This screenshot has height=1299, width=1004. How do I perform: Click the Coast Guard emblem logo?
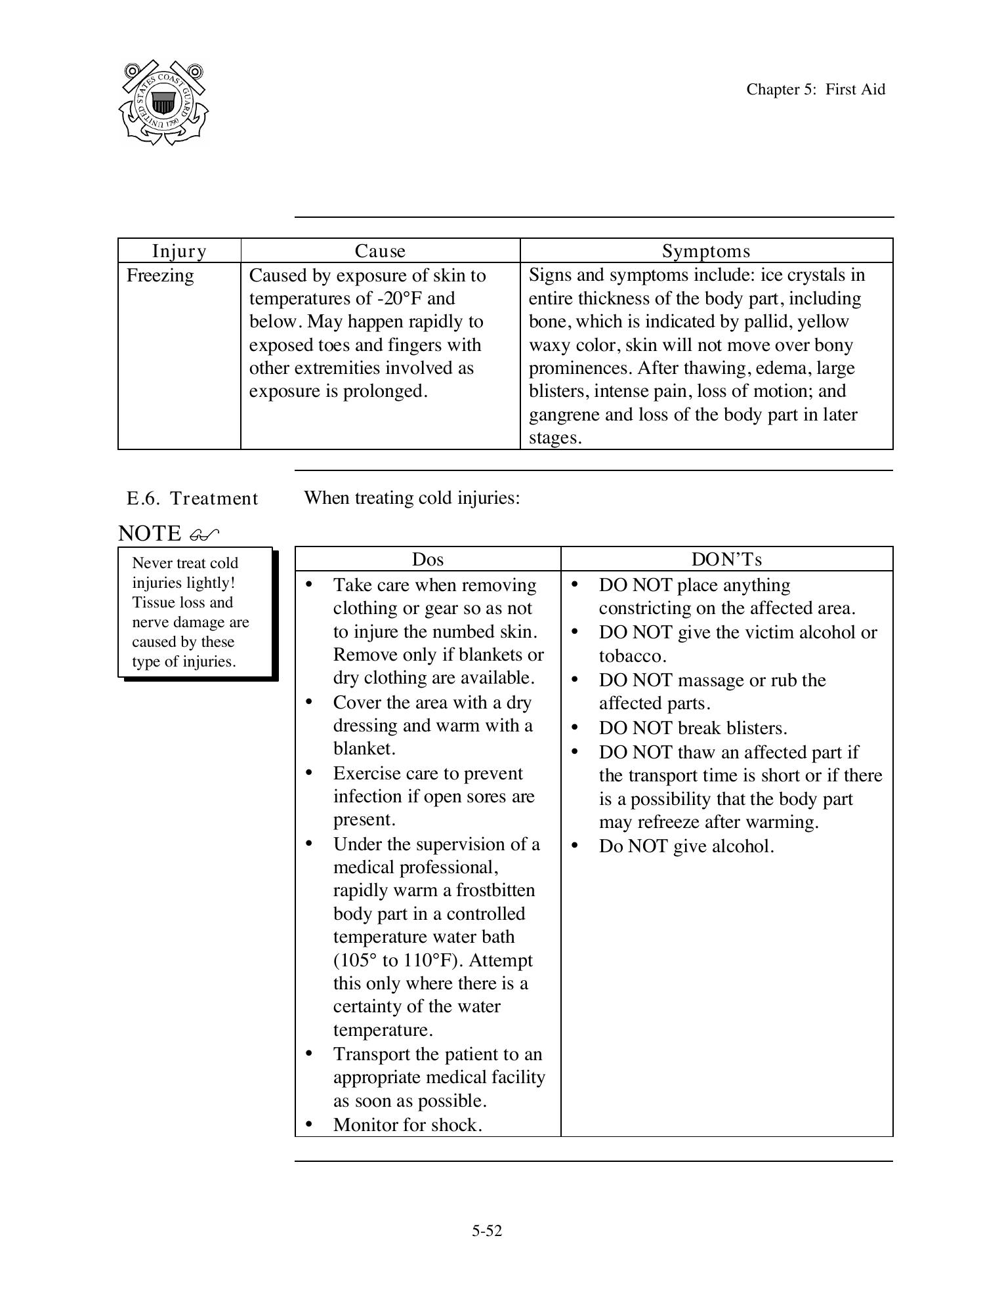163,103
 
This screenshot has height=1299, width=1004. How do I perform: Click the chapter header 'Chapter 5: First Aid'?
815,90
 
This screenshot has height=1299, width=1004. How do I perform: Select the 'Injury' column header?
179,251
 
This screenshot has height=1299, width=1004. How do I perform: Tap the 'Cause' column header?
380,251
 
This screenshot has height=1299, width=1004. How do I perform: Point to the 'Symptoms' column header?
705,251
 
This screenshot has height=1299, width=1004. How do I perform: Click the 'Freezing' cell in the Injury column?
160,276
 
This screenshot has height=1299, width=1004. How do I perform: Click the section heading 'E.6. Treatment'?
192,499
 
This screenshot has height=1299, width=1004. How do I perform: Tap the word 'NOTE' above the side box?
150,533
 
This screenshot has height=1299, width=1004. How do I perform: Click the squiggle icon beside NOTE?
203,535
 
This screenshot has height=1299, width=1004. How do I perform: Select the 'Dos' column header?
427,559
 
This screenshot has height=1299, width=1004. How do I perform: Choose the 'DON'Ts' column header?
726,559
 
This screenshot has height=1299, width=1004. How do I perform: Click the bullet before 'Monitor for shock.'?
309,1124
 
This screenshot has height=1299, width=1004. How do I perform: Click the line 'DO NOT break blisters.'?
692,728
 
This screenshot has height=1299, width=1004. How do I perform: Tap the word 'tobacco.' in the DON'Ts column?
632,656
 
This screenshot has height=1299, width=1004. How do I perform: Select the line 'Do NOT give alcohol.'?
686,846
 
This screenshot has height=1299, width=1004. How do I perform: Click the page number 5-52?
486,1231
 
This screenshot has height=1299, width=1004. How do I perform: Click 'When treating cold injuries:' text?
411,498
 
